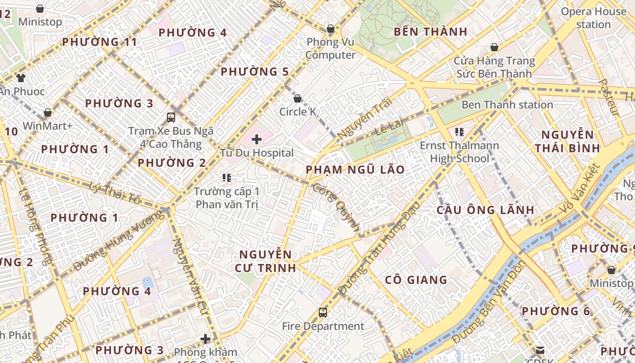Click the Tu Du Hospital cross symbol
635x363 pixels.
click(257, 139)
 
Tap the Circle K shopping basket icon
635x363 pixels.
click(298, 98)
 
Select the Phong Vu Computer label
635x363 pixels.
click(330, 49)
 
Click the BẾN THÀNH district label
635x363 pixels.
click(430, 32)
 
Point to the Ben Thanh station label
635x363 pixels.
click(507, 105)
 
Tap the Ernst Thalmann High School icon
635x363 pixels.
click(459, 132)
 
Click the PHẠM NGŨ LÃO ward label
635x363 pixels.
click(355, 170)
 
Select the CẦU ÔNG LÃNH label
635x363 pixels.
click(485, 210)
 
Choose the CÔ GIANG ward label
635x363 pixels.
click(416, 280)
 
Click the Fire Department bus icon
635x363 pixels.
click(323, 313)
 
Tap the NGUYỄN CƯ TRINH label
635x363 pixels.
click(265, 261)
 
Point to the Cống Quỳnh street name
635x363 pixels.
click(336, 206)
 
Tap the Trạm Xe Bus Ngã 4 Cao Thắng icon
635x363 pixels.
click(171, 118)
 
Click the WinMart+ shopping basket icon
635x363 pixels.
click(48, 113)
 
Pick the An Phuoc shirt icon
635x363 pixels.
click(21, 78)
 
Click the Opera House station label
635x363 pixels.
click(593, 18)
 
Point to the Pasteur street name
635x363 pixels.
click(608, 97)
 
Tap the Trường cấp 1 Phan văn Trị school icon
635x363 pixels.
click(227, 178)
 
